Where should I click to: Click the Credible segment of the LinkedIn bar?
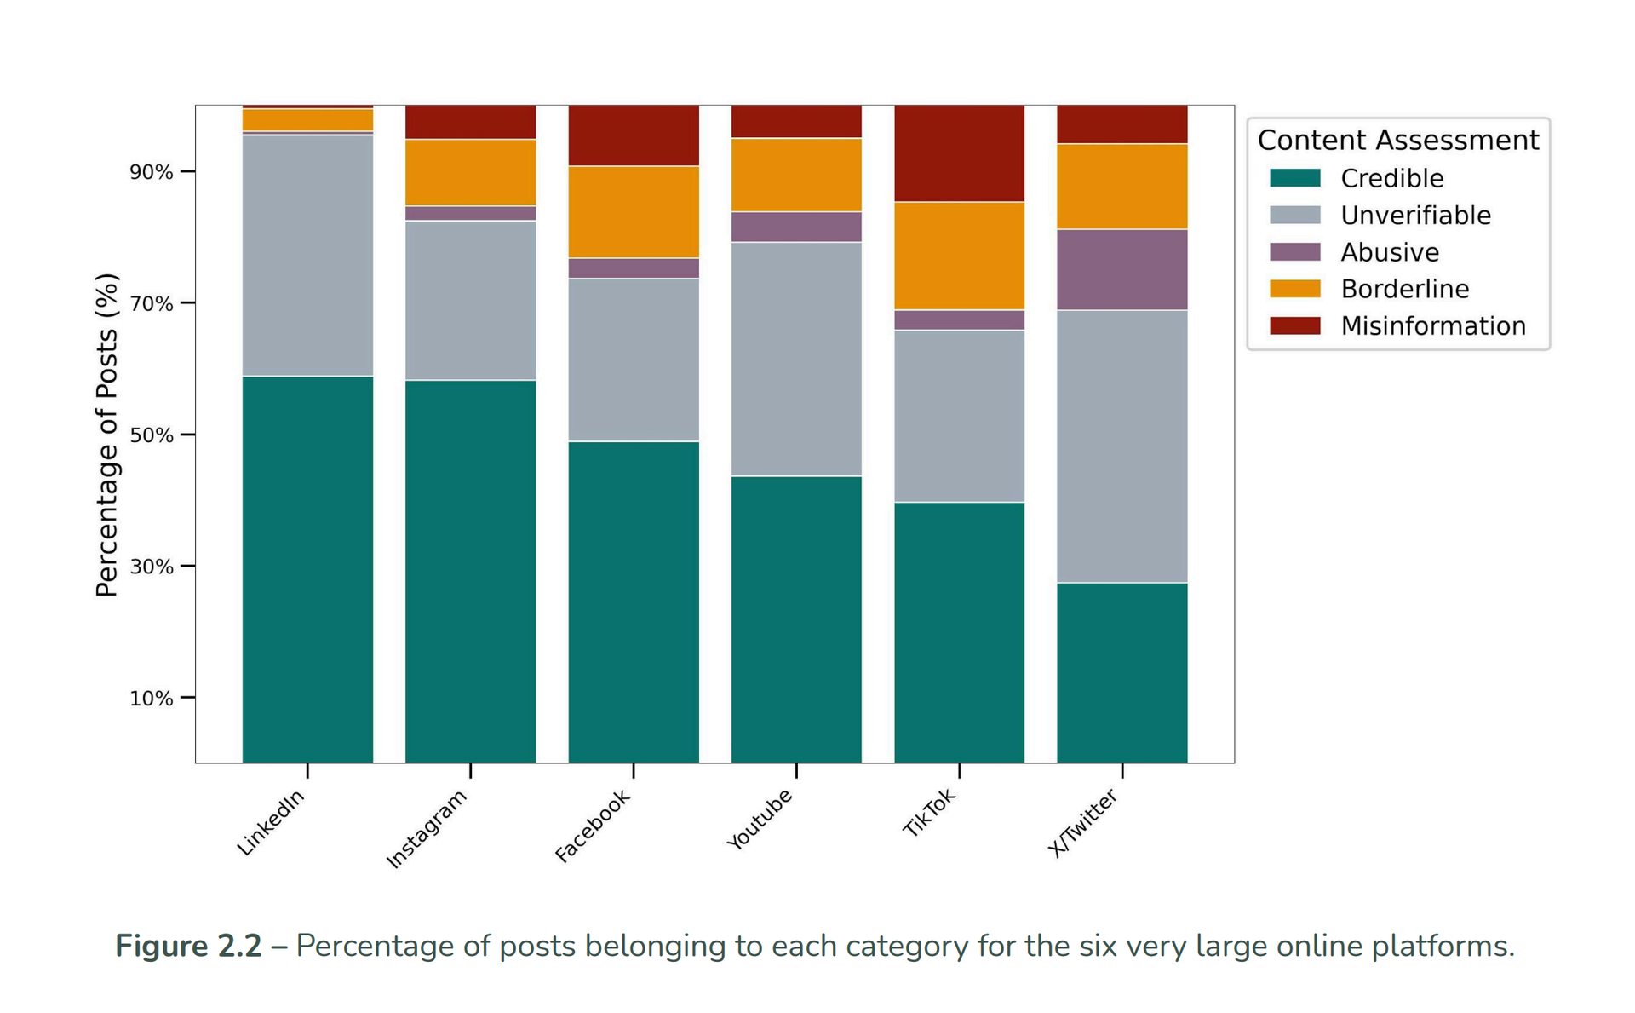tap(307, 569)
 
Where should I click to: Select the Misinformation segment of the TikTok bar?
tap(959, 153)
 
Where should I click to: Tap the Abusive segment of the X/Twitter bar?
tap(1122, 269)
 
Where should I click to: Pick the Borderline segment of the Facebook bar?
tap(634, 211)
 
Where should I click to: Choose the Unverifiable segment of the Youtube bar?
tap(796, 359)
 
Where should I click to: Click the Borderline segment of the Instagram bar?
tap(470, 172)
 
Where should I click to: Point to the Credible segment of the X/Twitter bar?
tap(1122, 672)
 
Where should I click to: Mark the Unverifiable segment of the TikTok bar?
tap(959, 416)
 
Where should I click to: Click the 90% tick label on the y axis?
tap(151, 172)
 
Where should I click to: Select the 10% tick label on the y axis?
tap(151, 699)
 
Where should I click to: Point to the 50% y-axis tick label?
tap(151, 435)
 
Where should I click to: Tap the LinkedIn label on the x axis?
tap(271, 822)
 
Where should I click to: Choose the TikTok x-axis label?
tap(929, 813)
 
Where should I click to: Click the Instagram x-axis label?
tap(427, 828)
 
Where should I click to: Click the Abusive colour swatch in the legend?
tap(1294, 252)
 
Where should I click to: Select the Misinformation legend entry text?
tap(1432, 325)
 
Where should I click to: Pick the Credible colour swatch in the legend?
tap(1294, 178)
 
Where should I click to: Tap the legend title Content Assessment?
tap(1397, 140)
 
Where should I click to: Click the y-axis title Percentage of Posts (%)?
tap(106, 435)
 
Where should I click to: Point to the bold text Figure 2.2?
tap(188, 946)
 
